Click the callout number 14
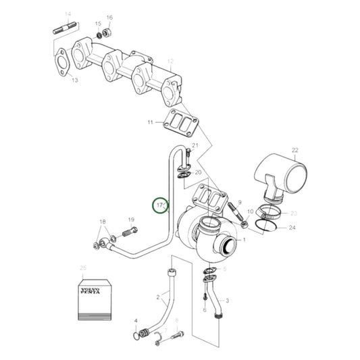pos(68,14)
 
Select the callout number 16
pos(109,18)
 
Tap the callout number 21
pos(196,146)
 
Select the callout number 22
pos(294,150)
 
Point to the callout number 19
pos(132,220)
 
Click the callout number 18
pos(103,222)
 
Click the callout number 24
pos(292,228)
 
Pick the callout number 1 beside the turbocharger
pos(244,240)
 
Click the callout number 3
pos(227,301)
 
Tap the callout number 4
pos(136,321)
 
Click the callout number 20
pos(198,173)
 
